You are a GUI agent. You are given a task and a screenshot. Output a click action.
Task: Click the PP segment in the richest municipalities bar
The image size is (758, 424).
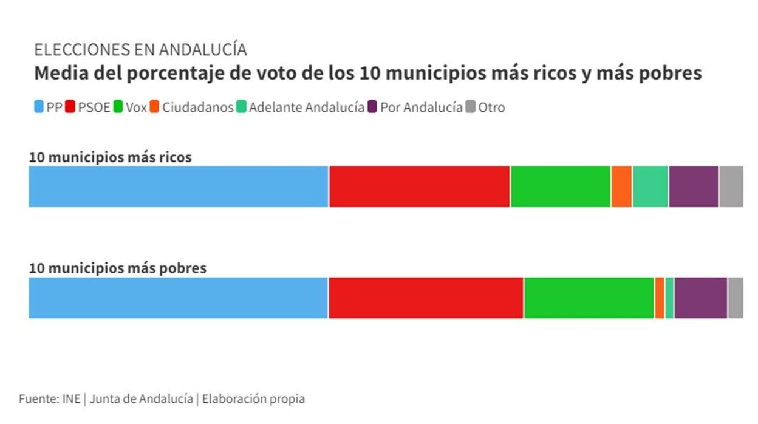(179, 186)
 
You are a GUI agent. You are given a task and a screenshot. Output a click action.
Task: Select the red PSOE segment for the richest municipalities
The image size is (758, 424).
(419, 186)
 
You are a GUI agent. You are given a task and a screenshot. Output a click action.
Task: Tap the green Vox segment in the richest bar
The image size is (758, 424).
(560, 186)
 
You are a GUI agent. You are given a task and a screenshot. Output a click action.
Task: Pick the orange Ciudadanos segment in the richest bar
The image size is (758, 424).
(621, 186)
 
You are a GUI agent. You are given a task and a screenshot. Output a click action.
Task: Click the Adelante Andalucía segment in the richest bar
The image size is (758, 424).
(650, 186)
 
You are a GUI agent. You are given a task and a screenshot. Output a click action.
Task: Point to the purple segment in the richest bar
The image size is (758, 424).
(693, 186)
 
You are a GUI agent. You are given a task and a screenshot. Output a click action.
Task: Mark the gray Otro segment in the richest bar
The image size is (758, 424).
(731, 186)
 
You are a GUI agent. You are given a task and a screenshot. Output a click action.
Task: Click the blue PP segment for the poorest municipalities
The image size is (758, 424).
(178, 298)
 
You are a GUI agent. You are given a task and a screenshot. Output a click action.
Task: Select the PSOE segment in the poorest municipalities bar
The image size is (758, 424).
(425, 298)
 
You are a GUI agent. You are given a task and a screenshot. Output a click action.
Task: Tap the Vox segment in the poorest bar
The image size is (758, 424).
(589, 298)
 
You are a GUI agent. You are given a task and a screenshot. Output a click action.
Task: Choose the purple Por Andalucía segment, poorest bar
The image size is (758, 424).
(700, 298)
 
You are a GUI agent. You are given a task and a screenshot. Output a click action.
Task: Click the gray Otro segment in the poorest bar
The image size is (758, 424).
(735, 298)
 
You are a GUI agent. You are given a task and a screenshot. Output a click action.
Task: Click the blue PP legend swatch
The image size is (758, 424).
(39, 108)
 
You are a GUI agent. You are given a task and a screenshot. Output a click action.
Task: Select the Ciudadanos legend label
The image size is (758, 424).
(197, 108)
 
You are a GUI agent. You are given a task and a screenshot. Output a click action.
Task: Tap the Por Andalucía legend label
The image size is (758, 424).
(421, 108)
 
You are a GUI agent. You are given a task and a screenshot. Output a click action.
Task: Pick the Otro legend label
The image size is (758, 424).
(491, 108)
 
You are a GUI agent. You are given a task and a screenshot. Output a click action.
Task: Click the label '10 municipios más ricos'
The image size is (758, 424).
(110, 157)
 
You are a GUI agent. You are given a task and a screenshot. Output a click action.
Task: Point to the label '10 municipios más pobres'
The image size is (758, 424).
(117, 268)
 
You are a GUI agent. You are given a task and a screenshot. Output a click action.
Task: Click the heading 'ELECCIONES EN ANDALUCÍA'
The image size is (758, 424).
(140, 50)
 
